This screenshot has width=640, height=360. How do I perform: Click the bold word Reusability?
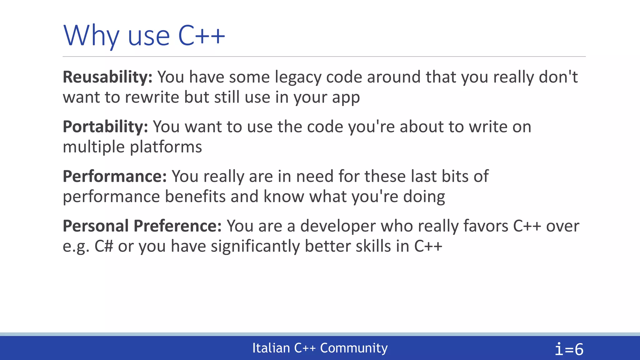107,77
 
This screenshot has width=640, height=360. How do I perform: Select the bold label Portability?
105,127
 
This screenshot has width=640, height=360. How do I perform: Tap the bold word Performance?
115,176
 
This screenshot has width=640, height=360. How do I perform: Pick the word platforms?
166,147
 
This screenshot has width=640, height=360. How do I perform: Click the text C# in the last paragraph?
103,246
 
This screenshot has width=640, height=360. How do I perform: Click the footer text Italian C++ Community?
320,348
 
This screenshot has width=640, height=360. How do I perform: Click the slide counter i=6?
569,349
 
